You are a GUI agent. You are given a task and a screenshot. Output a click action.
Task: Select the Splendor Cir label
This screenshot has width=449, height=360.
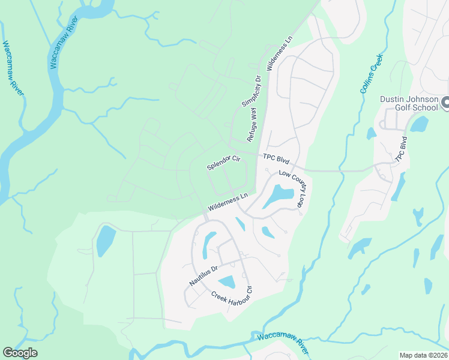(x=223, y=163)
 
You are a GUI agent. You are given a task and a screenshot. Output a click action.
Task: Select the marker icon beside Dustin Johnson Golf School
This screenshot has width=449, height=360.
(x=445, y=103)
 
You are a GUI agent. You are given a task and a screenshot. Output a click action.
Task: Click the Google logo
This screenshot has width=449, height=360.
(x=20, y=353)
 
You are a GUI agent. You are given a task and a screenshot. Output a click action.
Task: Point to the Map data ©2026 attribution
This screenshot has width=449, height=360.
(x=423, y=355)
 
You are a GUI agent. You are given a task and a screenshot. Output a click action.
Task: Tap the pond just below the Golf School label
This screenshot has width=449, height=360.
(x=418, y=124)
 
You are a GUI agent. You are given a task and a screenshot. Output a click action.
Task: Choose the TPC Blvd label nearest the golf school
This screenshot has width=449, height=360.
(x=401, y=150)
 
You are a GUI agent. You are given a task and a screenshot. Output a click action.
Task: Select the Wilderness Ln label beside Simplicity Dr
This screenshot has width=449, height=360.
(x=279, y=54)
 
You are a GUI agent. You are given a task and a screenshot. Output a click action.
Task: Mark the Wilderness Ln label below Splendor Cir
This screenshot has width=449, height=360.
(x=228, y=202)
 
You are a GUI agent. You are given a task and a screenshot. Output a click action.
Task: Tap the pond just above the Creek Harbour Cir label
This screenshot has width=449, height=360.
(x=227, y=281)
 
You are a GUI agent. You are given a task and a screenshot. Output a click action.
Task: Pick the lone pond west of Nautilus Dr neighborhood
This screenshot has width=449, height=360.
(x=106, y=241)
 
